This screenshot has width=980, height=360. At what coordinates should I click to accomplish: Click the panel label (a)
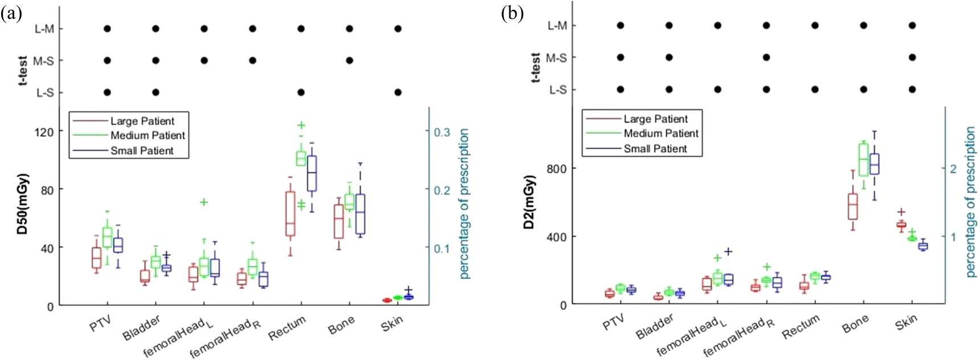tap(11, 13)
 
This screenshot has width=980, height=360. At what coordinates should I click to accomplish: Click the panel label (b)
tap(512, 13)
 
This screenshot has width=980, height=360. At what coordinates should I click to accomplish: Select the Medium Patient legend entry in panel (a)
tap(148, 136)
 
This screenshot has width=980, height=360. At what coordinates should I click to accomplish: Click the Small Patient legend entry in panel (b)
tap(655, 149)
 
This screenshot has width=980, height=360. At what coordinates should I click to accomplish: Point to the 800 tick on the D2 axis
tap(557, 169)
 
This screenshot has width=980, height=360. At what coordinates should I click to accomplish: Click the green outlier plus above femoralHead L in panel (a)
tap(203, 202)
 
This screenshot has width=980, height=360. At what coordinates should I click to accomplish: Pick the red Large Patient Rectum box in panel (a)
tap(291, 214)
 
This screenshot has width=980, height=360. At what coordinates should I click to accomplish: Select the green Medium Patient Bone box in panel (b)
tap(864, 160)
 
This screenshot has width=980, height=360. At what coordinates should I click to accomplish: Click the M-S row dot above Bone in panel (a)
tap(350, 60)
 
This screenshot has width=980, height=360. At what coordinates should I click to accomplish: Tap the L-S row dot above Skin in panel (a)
tap(398, 92)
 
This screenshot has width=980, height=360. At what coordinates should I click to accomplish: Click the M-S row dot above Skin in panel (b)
tap(912, 58)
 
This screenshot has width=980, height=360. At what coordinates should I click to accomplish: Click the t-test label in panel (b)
tap(536, 67)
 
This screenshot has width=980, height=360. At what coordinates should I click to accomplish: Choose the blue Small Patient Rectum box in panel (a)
tap(312, 173)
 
